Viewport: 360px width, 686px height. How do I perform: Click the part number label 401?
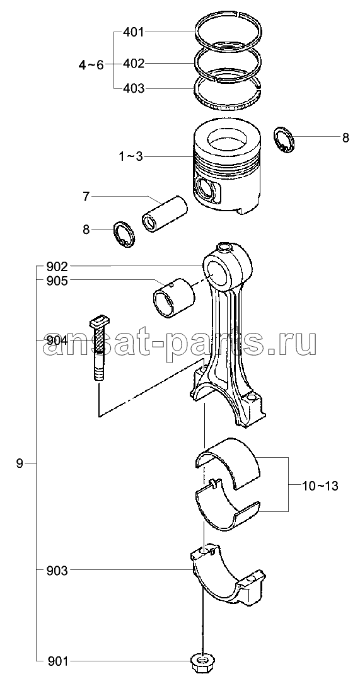(133, 32)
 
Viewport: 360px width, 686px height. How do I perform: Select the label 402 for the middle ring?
(133, 64)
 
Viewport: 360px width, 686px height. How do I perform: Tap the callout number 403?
(133, 89)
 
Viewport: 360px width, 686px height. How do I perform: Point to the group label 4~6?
(91, 65)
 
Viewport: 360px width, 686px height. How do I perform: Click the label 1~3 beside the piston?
(130, 156)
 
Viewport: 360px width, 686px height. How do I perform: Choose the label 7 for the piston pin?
(86, 197)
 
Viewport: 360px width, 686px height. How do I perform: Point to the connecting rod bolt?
(98, 348)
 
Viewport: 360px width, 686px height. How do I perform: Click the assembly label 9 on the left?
(20, 463)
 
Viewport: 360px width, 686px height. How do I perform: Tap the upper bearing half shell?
(227, 457)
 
